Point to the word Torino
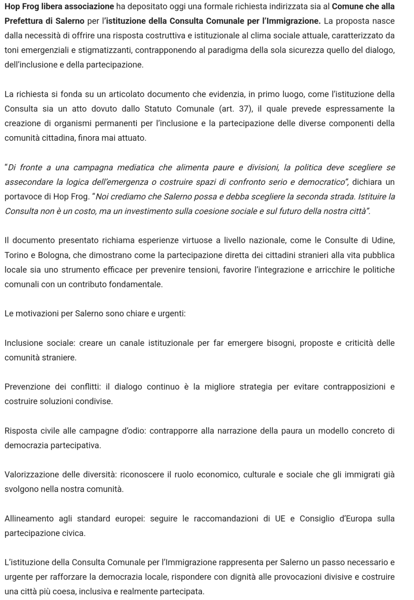pyautogui.click(x=16, y=255)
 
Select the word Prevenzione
pyautogui.click(x=27, y=387)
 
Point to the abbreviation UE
pyautogui.click(x=280, y=519)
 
